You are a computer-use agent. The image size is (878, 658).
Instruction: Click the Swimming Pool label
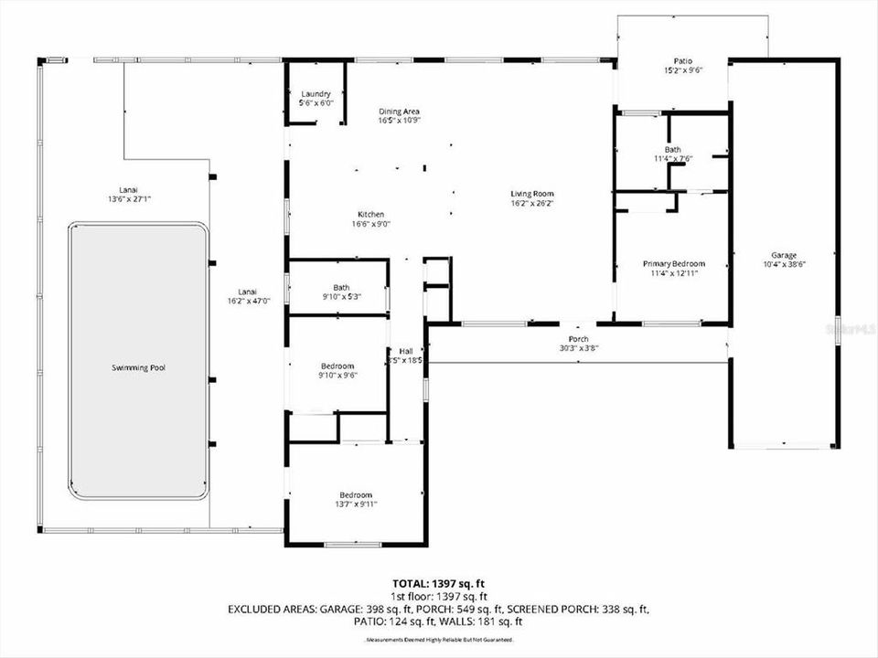pos(138,367)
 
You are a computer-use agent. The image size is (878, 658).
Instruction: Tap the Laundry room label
pos(316,94)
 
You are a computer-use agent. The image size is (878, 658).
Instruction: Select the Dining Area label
pos(400,111)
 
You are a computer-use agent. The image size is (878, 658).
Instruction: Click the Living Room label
pos(531,194)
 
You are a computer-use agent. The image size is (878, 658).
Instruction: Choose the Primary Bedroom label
pos(673,264)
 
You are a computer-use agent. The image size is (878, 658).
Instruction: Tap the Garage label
pos(783,255)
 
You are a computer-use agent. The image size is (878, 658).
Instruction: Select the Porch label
pos(580,338)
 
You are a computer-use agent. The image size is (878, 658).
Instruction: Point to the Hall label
pos(406,351)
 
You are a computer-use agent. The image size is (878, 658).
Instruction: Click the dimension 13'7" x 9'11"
pos(357,504)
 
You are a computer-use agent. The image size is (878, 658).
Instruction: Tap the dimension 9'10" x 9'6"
pos(337,375)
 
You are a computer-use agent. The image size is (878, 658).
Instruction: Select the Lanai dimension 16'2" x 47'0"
pos(249,301)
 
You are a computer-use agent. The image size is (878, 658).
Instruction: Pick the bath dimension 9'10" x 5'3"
pos(340,296)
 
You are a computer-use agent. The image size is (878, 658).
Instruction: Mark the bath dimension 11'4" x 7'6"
pos(673,158)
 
